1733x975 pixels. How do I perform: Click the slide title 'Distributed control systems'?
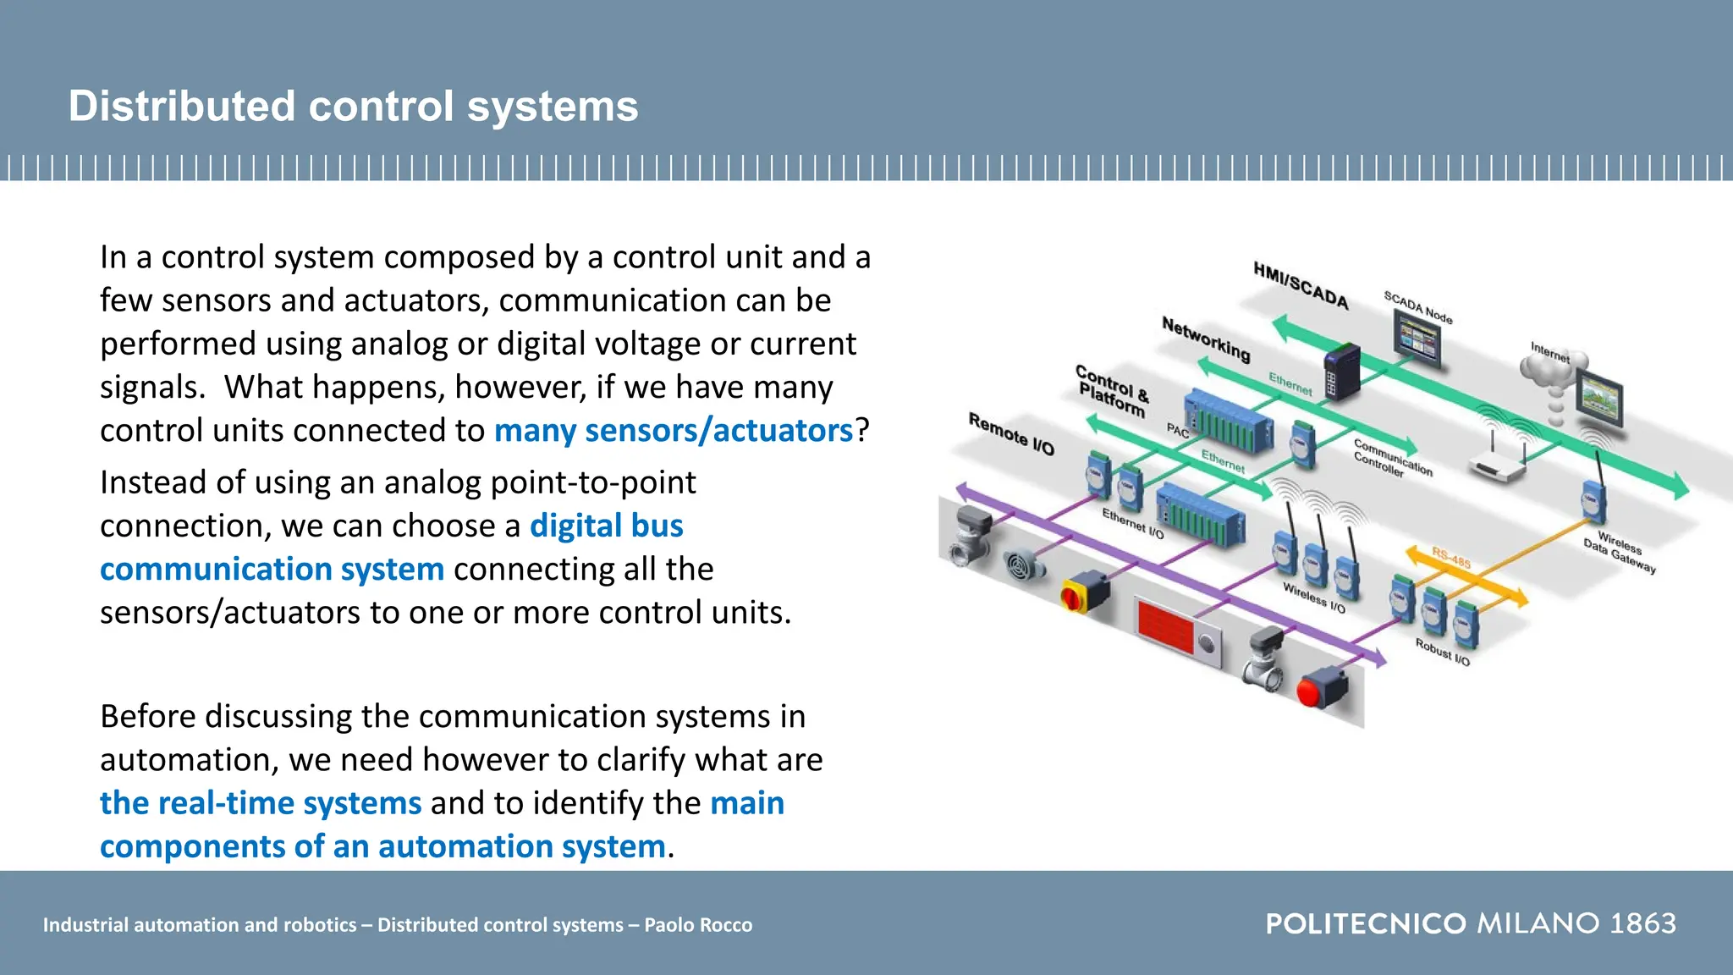[353, 107]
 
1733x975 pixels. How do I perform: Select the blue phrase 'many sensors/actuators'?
[673, 431]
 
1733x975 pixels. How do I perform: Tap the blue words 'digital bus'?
[606, 526]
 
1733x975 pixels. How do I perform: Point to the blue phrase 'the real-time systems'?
[261, 802]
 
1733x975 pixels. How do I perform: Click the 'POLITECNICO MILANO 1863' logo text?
[1470, 923]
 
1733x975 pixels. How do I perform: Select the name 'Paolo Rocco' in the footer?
[698, 925]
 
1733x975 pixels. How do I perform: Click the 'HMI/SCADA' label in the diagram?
[1300, 286]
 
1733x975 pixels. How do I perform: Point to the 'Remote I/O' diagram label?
[1011, 434]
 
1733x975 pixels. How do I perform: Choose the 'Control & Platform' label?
[1112, 391]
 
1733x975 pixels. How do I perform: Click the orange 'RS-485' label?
[1451, 557]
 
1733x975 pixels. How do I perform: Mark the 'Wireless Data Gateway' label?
[1620, 550]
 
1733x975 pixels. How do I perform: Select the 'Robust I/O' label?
[1443, 652]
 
